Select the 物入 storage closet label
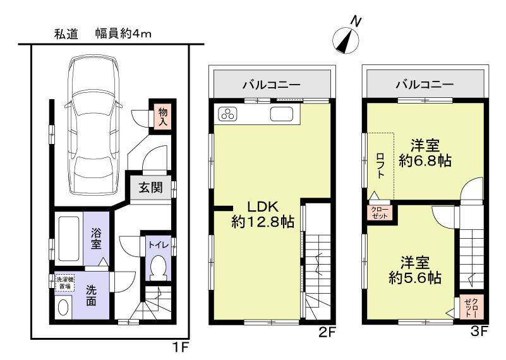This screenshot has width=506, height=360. pyautogui.click(x=162, y=116)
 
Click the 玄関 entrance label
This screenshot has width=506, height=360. pyautogui.click(x=150, y=187)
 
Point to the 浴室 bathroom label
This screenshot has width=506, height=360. pyautogui.click(x=97, y=237)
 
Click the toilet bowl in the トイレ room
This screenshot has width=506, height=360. pyautogui.click(x=158, y=268)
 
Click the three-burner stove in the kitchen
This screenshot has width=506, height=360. pyautogui.click(x=227, y=114)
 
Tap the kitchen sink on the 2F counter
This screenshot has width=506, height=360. pyautogui.click(x=282, y=114)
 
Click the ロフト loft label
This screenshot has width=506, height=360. pyautogui.click(x=380, y=164)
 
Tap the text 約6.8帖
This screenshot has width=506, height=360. pyautogui.click(x=425, y=160)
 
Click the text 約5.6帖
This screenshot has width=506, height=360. pyautogui.click(x=415, y=277)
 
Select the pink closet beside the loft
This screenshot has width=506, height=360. pyautogui.click(x=380, y=212)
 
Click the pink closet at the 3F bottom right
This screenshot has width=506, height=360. pyautogui.click(x=473, y=308)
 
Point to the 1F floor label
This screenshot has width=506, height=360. pyautogui.click(x=181, y=347)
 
